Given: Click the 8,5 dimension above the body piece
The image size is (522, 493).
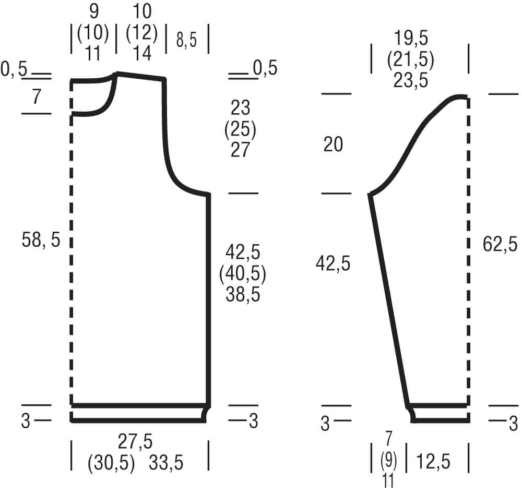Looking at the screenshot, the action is click(187, 40).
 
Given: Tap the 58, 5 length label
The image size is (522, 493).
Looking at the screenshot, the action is click(41, 239).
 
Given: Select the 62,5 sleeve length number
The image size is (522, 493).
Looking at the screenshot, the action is click(500, 244).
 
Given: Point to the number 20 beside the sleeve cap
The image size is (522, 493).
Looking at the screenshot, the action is click(333, 145).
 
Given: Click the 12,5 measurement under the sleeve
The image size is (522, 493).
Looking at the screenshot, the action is click(433, 461).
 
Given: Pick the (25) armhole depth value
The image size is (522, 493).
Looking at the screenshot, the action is click(240, 129).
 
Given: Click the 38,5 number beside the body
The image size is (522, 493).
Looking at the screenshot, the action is click(243, 295).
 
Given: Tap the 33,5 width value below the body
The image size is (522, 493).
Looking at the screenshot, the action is click(166, 463).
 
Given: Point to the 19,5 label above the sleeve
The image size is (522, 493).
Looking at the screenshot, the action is click(411, 38).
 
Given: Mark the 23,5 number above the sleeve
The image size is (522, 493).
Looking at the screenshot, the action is click(411, 80).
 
